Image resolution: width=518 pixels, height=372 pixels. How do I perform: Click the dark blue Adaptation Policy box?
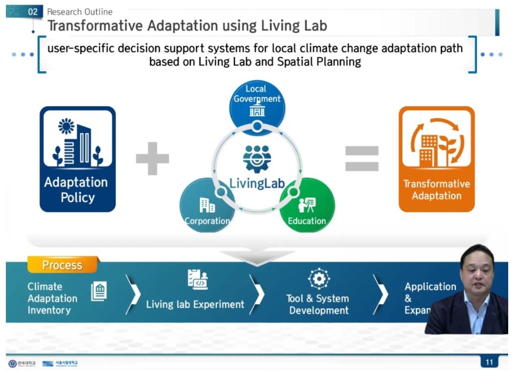tap(77, 159)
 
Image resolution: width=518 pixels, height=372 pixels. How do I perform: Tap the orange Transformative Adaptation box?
tap(436, 159)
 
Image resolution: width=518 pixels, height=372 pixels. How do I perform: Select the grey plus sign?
tap(152, 159)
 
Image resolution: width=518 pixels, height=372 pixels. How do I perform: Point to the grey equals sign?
tap(362, 159)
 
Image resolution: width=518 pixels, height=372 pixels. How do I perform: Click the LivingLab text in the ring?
tap(257, 182)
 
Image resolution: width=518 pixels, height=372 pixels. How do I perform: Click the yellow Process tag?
tap(62, 265)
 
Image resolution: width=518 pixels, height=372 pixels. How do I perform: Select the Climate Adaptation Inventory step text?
tap(52, 298)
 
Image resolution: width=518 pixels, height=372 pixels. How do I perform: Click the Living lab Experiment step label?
tap(195, 304)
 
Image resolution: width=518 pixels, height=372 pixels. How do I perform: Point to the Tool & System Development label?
tap(318, 304)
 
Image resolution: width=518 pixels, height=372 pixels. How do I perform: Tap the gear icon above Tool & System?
tap(319, 279)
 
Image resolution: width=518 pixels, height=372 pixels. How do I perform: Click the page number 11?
tap(489, 362)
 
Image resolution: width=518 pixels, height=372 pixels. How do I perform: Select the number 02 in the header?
tap(33, 12)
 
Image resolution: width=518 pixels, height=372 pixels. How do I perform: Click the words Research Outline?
tap(79, 12)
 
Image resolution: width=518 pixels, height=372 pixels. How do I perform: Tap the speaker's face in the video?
tap(477, 272)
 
